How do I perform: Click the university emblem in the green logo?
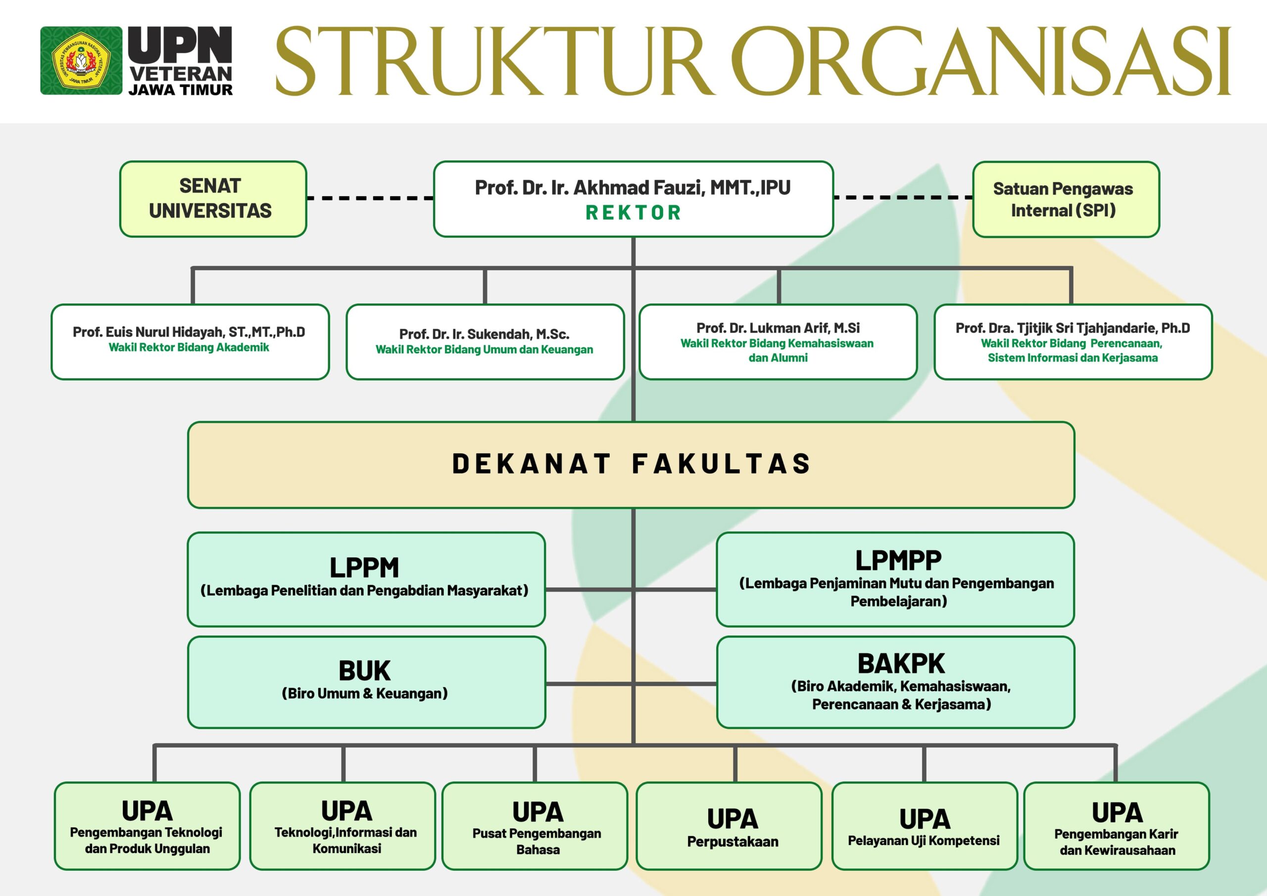click(x=81, y=61)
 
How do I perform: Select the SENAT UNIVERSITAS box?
click(x=213, y=199)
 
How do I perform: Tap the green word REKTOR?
click(x=633, y=212)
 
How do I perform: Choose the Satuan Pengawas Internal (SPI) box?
click(x=1066, y=199)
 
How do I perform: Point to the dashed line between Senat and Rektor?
click(x=370, y=198)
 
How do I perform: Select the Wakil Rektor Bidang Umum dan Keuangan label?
click(x=485, y=349)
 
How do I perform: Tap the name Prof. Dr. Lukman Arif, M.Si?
click(x=778, y=328)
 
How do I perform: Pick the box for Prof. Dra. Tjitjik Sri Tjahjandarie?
click(x=1073, y=342)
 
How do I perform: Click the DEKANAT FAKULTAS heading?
click(x=632, y=464)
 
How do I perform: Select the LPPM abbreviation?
click(x=364, y=567)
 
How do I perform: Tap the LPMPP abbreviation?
click(x=898, y=560)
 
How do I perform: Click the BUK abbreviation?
click(x=365, y=671)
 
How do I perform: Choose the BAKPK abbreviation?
click(x=901, y=663)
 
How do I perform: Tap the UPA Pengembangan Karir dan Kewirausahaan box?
click(x=1117, y=826)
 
